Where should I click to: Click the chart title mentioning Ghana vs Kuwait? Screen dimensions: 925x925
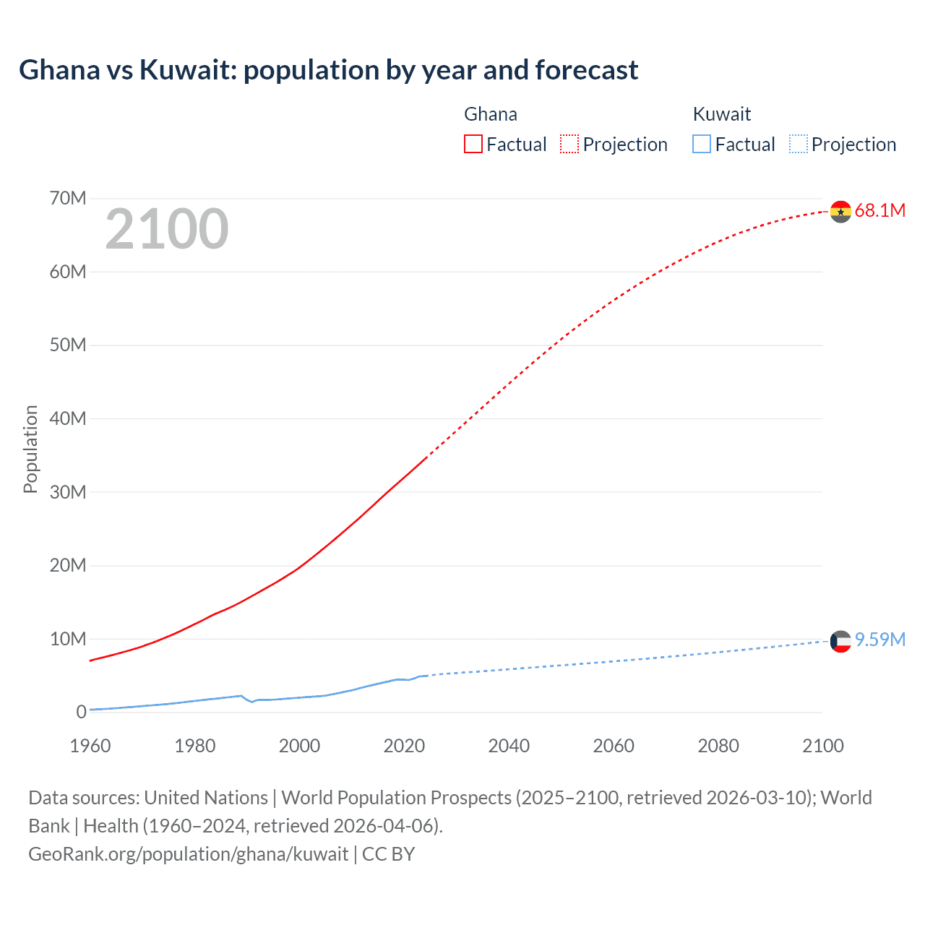click(328, 70)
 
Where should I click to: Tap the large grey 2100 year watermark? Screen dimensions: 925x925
click(167, 229)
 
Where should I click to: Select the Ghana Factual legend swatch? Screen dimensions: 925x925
click(473, 144)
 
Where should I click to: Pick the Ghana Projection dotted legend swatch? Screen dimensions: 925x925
click(569, 144)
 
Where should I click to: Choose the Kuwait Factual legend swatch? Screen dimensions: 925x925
click(701, 144)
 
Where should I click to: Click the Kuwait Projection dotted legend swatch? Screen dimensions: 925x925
click(798, 144)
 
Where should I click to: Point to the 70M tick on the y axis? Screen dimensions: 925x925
click(68, 198)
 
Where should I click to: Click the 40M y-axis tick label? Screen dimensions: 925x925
click(68, 418)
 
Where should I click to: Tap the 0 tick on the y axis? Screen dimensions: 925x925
click(81, 712)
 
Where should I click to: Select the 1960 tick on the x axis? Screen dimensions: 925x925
click(90, 746)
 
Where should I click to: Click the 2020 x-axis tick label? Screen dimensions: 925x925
click(404, 746)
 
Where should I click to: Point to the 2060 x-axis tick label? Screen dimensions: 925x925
click(614, 746)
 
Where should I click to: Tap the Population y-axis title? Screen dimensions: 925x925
click(30, 449)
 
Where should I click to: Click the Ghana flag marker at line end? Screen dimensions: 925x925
click(840, 212)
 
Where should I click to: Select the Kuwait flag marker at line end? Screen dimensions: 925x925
click(840, 641)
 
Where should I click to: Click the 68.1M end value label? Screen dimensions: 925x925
click(879, 210)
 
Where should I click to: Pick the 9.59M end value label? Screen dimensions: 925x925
click(879, 640)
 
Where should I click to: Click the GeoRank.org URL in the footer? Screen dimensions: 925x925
click(189, 853)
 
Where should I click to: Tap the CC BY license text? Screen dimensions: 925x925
click(388, 853)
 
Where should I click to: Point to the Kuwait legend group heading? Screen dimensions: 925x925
click(721, 114)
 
